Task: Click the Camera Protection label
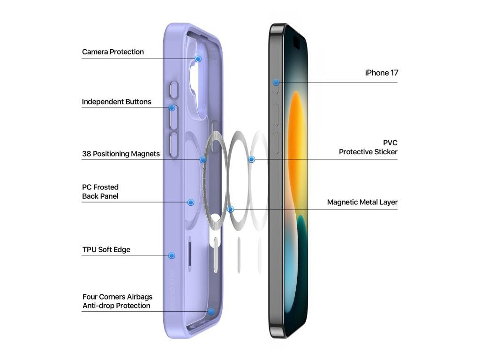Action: click(x=113, y=52)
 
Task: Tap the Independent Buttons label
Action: click(x=117, y=102)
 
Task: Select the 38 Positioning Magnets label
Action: click(x=121, y=154)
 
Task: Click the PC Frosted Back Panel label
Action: click(x=100, y=192)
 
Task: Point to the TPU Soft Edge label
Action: click(x=106, y=250)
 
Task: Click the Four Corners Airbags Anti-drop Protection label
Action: click(x=117, y=301)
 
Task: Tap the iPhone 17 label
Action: click(x=382, y=73)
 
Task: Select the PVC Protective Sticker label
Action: click(x=368, y=147)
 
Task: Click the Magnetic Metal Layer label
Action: click(x=362, y=202)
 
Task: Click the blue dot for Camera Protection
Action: click(x=198, y=59)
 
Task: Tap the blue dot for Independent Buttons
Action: click(x=172, y=108)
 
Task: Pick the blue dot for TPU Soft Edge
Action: click(x=172, y=255)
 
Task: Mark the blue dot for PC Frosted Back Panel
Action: click(x=191, y=202)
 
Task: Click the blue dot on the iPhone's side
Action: click(x=276, y=82)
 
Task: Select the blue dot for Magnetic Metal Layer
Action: click(x=230, y=209)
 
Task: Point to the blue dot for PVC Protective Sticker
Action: click(x=252, y=159)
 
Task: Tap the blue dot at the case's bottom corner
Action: click(x=211, y=311)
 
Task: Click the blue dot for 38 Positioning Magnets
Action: click(x=203, y=160)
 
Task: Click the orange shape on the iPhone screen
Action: click(x=296, y=136)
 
